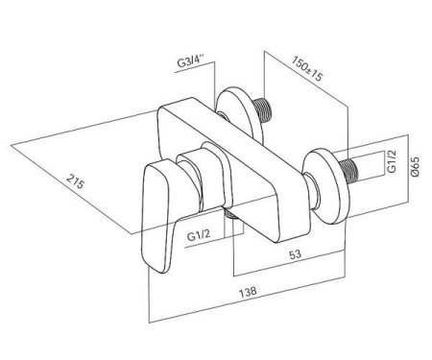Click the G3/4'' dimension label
tap(191, 61)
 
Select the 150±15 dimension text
tap(307, 68)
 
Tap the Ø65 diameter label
tap(416, 167)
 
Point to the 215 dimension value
tap(76, 181)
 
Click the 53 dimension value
tap(295, 254)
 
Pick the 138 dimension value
tap(248, 291)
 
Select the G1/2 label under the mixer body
tap(199, 236)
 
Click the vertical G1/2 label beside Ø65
tap(392, 161)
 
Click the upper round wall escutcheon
tap(240, 115)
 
